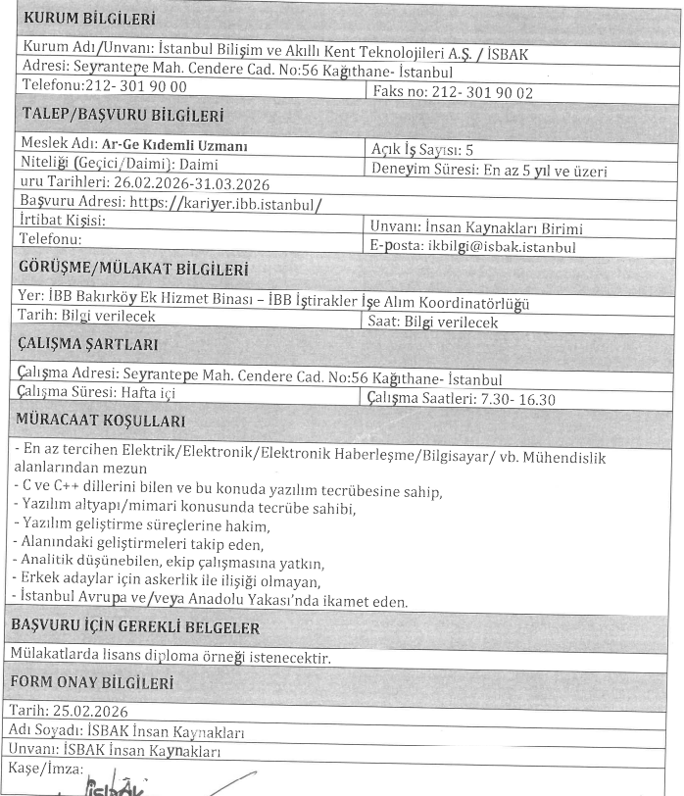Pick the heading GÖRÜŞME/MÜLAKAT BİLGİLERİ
click(134, 271)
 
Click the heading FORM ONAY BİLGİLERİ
click(98, 682)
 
